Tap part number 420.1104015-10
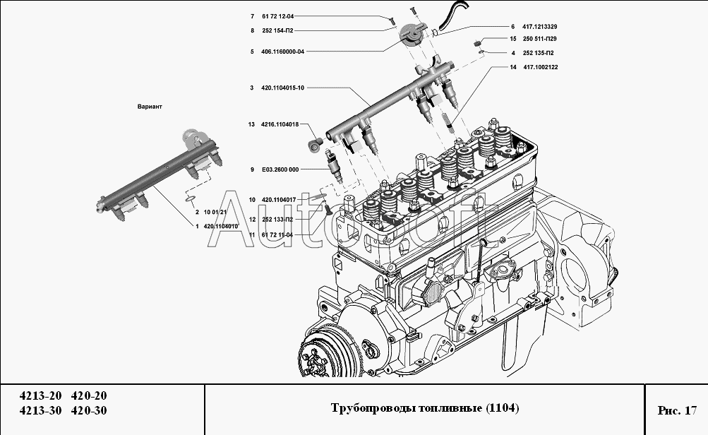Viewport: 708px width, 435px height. pos(282,88)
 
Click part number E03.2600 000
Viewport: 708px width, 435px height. pos(280,169)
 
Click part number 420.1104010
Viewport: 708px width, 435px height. pos(220,226)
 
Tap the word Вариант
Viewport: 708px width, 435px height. pos(150,107)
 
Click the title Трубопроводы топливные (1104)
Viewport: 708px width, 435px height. pos(425,409)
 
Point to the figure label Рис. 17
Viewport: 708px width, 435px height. pos(676,410)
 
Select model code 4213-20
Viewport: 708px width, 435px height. pos(41,395)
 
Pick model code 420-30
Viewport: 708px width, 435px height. pos(91,410)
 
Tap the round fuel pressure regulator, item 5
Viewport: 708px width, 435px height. pos(413,35)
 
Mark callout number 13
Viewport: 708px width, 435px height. pos(251,124)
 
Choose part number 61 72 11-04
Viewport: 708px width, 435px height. pos(277,234)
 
